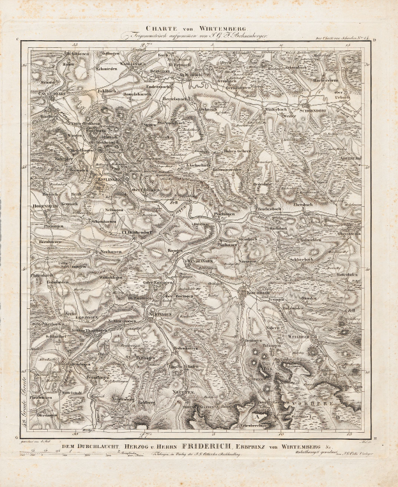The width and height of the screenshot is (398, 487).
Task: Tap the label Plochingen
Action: click(x=219, y=213)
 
